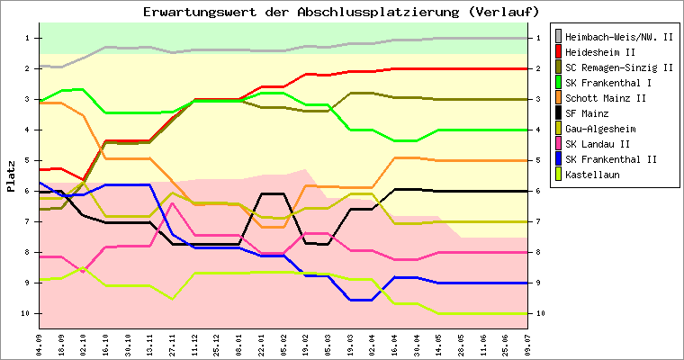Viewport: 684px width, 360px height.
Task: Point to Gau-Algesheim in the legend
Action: coord(602,129)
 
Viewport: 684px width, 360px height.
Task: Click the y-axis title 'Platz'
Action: coord(11,176)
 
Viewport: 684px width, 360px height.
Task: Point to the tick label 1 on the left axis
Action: coord(27,38)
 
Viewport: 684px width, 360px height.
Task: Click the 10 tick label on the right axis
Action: coord(541,313)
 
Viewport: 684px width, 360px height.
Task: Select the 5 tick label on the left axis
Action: coord(27,160)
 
